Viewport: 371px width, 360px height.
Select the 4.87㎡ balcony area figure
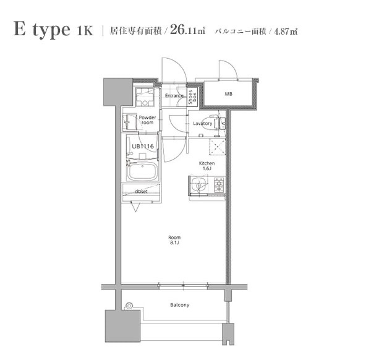(x=285, y=31)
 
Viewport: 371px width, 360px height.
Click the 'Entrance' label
(x=174, y=96)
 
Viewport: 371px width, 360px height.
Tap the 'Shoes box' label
(x=194, y=95)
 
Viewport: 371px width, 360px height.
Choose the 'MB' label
(x=228, y=95)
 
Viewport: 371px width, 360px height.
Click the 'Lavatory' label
(x=203, y=124)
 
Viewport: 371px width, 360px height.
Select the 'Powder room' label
(x=147, y=120)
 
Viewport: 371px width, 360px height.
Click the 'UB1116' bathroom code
(x=142, y=147)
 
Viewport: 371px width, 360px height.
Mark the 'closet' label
(x=141, y=192)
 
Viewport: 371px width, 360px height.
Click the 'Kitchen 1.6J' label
(x=206, y=166)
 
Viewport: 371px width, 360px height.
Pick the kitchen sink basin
(x=199, y=184)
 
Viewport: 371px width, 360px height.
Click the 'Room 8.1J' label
(x=174, y=239)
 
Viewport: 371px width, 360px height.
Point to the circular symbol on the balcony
(x=129, y=305)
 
